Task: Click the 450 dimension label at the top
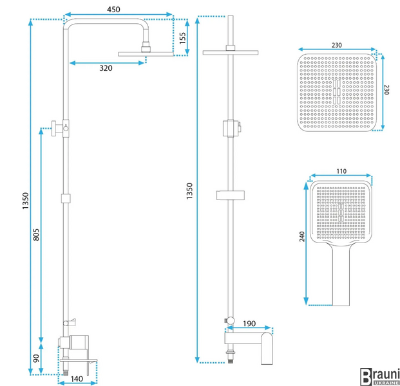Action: tap(113, 10)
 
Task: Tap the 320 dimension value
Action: tap(106, 68)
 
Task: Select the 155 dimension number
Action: tap(183, 38)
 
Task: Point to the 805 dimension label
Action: tap(36, 234)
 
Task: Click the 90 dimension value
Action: tap(36, 358)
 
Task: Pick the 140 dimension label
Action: tap(77, 379)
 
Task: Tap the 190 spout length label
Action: tap(249, 324)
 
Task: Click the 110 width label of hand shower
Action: tap(341, 171)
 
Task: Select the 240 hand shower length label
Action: tap(302, 237)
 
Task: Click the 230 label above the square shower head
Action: tap(337, 45)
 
